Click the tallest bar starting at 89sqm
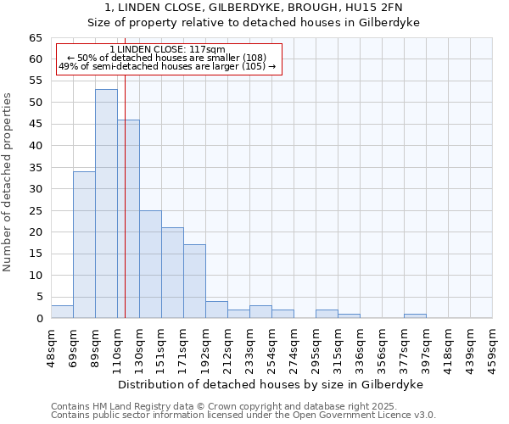click(106, 204)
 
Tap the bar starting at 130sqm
click(150, 264)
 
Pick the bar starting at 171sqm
click(194, 281)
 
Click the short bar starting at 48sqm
click(62, 311)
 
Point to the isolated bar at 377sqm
click(415, 315)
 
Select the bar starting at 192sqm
click(216, 310)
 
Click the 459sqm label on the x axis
click(493, 347)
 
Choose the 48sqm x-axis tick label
click(52, 347)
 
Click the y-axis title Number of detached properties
click(8, 182)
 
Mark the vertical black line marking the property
click(125, 212)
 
